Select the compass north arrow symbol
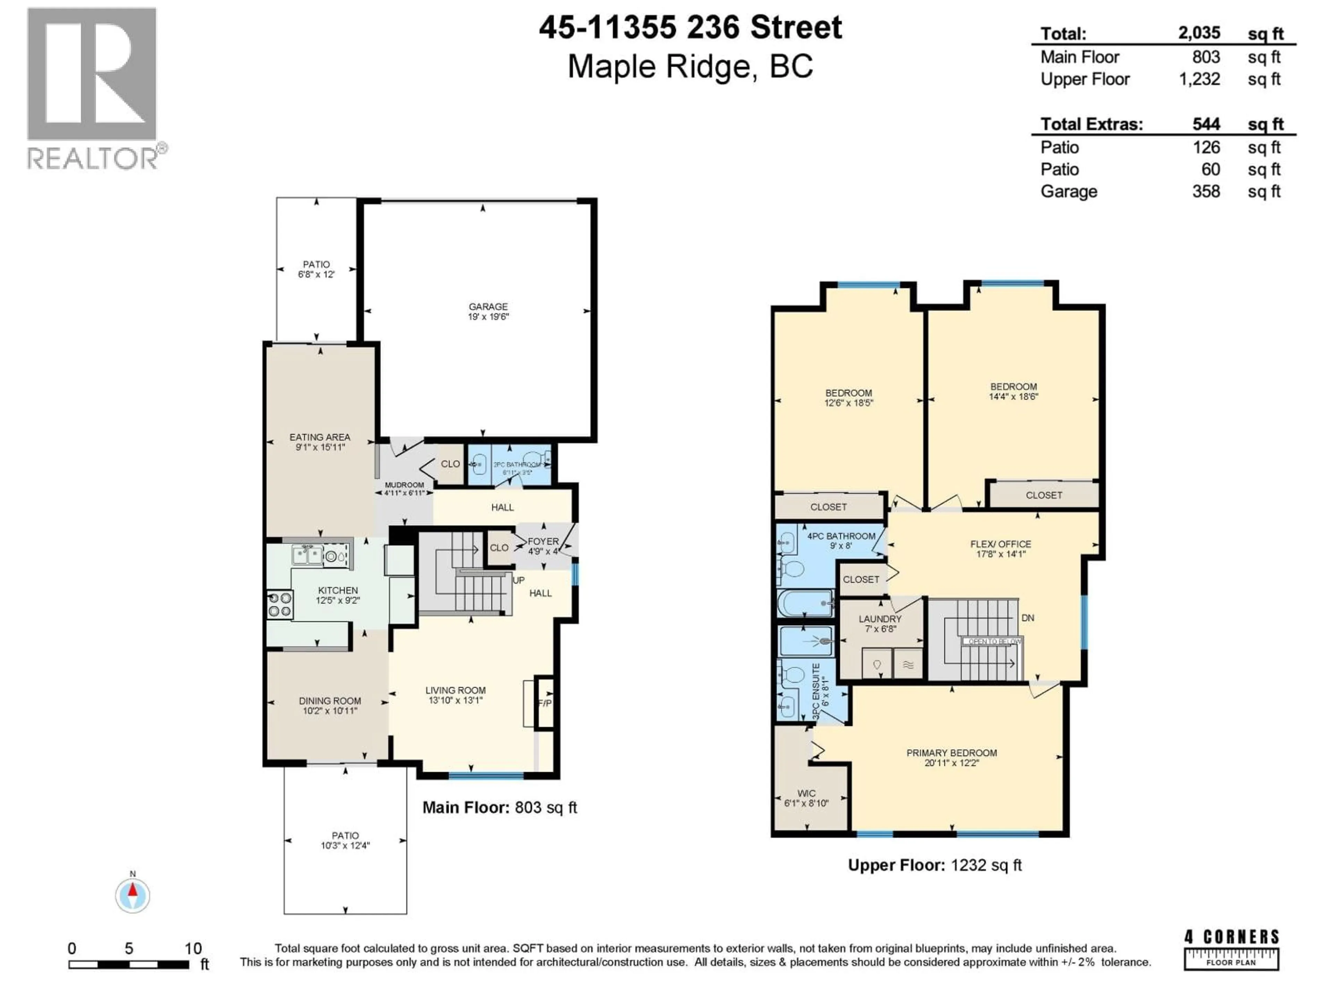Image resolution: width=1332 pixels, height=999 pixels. click(133, 895)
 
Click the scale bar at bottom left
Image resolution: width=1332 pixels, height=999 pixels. click(129, 964)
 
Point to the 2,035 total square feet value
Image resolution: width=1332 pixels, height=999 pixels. click(1199, 33)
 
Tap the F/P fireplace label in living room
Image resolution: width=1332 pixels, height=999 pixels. click(544, 703)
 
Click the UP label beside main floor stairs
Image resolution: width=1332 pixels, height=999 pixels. click(519, 580)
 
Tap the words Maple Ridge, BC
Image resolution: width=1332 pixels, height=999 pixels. click(690, 66)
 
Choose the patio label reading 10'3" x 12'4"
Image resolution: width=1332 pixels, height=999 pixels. click(345, 840)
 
